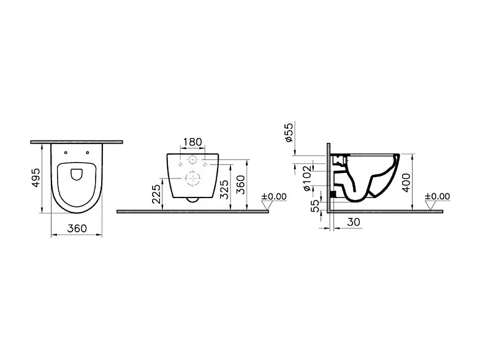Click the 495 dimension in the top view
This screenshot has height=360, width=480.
(x=36, y=177)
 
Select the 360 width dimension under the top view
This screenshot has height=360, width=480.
(x=77, y=228)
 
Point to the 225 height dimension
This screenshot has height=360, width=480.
(x=156, y=194)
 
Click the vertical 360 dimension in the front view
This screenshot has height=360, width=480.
(x=241, y=185)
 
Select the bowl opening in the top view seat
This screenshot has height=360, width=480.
(x=77, y=174)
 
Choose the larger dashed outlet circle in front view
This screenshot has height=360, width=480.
(x=193, y=180)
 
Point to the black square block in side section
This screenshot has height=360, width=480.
(x=333, y=194)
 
